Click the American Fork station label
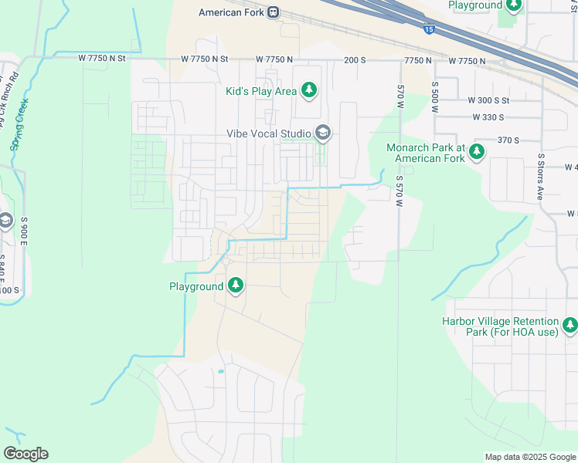(230, 12)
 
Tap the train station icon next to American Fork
(273, 12)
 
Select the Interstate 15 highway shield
(429, 29)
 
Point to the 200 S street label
(355, 59)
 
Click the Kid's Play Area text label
(261, 91)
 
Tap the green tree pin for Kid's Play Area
(309, 90)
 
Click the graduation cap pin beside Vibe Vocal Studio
(323, 133)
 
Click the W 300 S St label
(488, 100)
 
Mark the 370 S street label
(508, 140)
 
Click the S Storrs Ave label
(541, 177)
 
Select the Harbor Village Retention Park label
(501, 326)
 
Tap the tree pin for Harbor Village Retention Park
(570, 326)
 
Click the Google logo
(25, 454)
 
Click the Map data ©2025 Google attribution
(529, 457)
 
